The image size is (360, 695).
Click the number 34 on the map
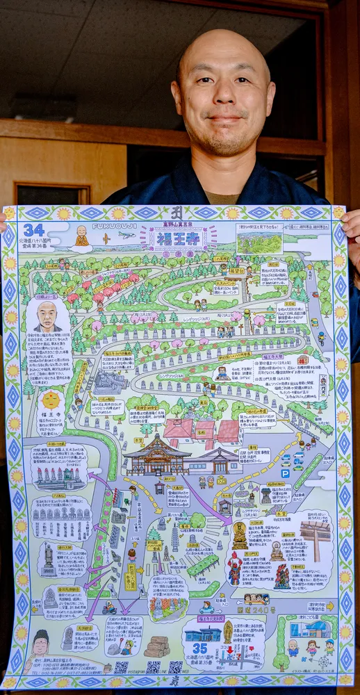[33, 230]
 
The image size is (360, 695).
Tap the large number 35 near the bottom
[200, 648]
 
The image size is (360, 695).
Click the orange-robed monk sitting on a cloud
[82, 237]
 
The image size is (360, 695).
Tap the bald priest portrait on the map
[47, 317]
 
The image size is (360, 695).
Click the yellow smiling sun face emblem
[50, 400]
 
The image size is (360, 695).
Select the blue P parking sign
[285, 473]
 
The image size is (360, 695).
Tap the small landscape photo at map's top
[259, 243]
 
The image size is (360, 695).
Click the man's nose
[224, 99]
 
